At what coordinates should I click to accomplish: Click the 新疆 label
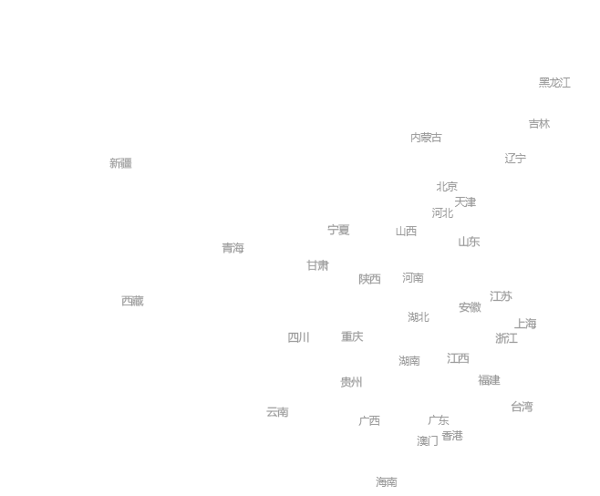[120, 163]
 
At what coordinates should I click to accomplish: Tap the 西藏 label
[132, 301]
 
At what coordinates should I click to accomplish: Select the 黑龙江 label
[554, 83]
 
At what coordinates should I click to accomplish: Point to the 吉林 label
[539, 124]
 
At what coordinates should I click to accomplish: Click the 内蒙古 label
[426, 138]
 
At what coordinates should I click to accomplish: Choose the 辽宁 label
[515, 159]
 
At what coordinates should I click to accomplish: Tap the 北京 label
[447, 187]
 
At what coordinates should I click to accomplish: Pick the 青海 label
[233, 248]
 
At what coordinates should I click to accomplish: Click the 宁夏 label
[338, 230]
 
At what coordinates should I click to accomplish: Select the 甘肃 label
[317, 265]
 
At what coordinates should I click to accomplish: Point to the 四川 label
[299, 337]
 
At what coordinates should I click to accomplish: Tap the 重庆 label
[352, 336]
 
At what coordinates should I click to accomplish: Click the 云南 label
[277, 412]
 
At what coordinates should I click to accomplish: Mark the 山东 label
[469, 242]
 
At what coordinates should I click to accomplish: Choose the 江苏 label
[501, 296]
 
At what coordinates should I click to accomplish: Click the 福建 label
[489, 380]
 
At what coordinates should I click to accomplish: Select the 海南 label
[386, 482]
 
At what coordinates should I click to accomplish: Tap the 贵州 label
[351, 382]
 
